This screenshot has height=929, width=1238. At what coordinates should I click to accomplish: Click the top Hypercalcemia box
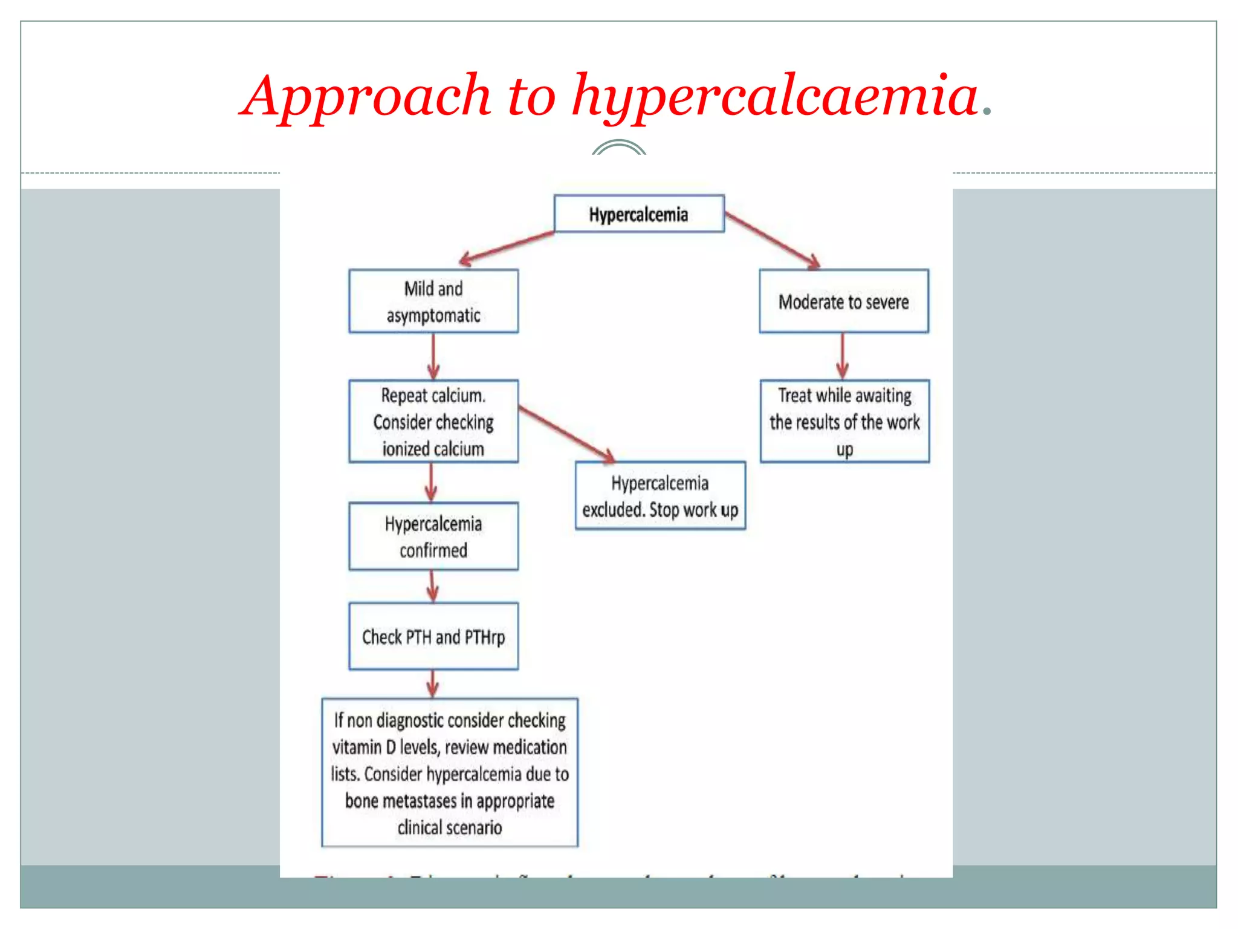pyautogui.click(x=638, y=214)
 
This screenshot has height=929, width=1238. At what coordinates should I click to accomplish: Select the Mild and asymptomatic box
pyautogui.click(x=433, y=301)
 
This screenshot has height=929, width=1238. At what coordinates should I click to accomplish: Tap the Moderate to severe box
pyautogui.click(x=843, y=301)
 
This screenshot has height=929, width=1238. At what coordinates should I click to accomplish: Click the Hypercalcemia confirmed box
pyautogui.click(x=433, y=536)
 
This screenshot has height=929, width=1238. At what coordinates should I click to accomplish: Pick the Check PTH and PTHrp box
pyautogui.click(x=433, y=636)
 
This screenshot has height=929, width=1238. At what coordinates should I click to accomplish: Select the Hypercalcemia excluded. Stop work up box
pyautogui.click(x=660, y=496)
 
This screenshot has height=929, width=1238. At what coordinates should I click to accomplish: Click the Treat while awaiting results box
pyautogui.click(x=844, y=422)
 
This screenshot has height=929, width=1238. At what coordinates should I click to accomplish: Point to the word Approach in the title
pyautogui.click(x=368, y=97)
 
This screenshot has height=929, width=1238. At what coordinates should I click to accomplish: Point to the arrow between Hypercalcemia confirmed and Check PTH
pyautogui.click(x=432, y=585)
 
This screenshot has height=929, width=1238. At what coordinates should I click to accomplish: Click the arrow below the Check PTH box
pyautogui.click(x=432, y=683)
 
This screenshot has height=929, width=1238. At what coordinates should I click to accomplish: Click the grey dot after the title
pyautogui.click(x=987, y=111)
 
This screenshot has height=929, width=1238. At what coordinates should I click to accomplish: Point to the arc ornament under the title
pyautogui.click(x=618, y=147)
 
